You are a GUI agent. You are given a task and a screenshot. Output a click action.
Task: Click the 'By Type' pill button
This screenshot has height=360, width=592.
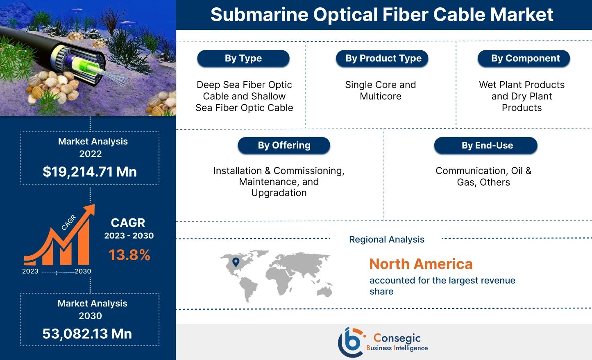pos(243,59)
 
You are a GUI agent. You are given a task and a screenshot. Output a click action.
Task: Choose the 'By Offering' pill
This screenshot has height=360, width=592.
pos(284,145)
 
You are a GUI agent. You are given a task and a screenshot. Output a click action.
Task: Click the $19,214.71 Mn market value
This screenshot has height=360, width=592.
pos(90,171)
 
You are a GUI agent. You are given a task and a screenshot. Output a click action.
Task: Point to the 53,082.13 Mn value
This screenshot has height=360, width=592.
pos(87,334)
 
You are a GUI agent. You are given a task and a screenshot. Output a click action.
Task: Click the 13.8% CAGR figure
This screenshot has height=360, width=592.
pos(129,255)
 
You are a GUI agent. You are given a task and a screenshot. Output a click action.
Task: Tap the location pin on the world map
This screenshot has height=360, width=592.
pos(236,262)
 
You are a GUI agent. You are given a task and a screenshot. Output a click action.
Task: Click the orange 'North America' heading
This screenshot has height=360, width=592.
pos(421,264)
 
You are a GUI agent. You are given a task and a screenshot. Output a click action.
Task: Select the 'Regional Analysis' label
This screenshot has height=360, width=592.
pos(386,239)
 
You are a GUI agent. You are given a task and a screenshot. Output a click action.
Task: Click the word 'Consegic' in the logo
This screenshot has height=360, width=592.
pos(397,338)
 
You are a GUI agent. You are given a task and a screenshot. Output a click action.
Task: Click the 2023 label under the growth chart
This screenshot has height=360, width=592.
pos(30,271)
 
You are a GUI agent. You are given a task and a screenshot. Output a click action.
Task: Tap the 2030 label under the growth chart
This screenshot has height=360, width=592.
pos(83,271)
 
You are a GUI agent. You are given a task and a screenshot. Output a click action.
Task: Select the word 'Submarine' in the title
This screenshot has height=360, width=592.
pos(259,15)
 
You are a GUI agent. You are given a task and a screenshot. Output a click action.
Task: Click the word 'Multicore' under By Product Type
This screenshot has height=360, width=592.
pos(381,96)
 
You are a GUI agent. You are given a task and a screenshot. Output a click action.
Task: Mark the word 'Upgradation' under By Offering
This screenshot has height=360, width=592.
pos(279,193)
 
